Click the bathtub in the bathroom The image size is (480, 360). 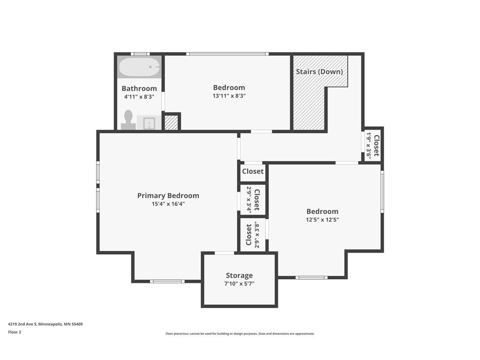pos(139,67)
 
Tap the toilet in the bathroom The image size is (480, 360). pos(128,120)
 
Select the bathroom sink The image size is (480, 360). pos(149,123)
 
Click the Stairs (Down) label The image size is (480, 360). pos(319,72)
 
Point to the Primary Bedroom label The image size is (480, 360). pos(168,195)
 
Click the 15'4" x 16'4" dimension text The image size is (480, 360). pos(168,204)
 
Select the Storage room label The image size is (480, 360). pos(240,276)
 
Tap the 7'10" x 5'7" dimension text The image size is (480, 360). pos(240,284)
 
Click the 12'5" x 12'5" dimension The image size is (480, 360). pos(322,219)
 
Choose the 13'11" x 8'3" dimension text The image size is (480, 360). pos(229,96)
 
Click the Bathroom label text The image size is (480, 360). pos(139,89)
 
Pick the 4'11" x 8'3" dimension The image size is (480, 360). pos(139,97)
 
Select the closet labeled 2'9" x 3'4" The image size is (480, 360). pos(253,200)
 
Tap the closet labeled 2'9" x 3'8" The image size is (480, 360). pos(253,235)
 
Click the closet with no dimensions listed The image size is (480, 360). pos(253,172)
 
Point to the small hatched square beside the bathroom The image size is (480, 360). pos(171,122)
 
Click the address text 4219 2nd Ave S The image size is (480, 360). pos(22,324)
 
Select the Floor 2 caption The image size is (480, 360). pos(15,332)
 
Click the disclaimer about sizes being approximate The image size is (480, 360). pos(240,334)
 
